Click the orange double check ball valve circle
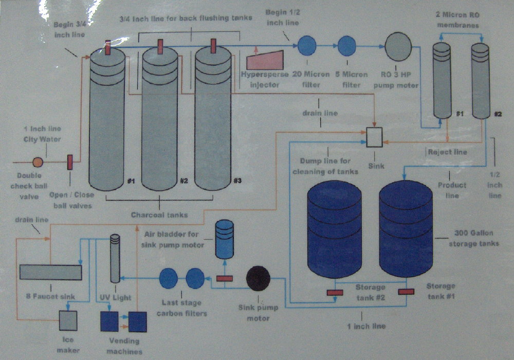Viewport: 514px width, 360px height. click(38, 162)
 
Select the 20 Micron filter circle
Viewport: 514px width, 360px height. click(307, 46)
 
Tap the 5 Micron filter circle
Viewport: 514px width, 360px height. click(347, 46)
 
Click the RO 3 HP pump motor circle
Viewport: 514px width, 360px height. click(398, 47)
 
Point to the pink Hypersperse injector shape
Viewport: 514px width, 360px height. click(265, 60)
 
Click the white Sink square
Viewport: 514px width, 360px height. click(374, 137)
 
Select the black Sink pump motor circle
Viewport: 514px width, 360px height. click(259, 278)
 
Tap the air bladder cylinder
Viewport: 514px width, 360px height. click(225, 239)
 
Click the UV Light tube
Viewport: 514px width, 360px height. click(115, 258)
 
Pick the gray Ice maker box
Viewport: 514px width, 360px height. click(68, 320)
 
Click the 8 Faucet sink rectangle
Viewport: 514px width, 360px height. click(51, 272)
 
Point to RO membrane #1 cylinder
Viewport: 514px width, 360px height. click(442, 80)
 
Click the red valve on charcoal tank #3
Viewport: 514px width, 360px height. click(213, 46)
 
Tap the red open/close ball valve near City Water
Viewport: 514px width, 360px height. click(70, 163)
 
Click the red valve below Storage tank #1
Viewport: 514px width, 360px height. click(406, 292)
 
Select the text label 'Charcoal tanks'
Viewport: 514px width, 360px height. click(159, 215)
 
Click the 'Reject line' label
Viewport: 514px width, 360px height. click(448, 152)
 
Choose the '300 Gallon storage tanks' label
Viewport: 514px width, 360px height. click(474, 238)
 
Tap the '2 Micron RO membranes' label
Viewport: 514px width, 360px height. click(458, 20)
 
